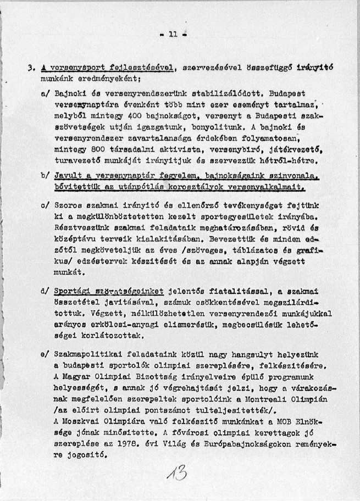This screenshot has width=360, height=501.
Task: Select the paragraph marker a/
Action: click(x=45, y=94)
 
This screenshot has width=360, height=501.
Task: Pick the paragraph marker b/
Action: click(x=45, y=175)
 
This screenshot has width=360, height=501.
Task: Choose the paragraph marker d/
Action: click(x=45, y=291)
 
